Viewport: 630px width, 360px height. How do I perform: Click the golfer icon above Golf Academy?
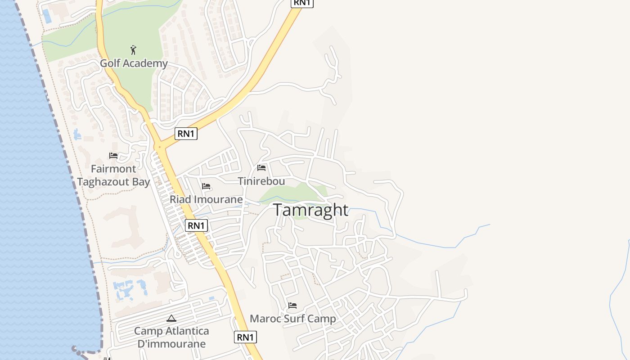(133, 49)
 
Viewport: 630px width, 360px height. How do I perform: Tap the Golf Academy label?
(134, 63)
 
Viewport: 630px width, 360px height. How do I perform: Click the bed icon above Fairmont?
(113, 156)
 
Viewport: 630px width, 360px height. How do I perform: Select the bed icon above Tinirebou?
(261, 168)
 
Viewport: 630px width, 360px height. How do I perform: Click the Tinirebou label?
(261, 181)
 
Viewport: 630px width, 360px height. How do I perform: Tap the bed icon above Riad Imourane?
(206, 186)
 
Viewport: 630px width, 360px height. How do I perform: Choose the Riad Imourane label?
(206, 199)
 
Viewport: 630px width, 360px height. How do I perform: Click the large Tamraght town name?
(310, 210)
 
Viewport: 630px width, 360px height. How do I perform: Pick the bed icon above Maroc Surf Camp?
(292, 306)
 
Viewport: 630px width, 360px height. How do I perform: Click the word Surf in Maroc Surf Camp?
(293, 319)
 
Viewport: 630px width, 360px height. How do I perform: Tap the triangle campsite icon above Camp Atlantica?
(171, 318)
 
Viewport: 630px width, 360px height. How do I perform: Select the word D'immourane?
(171, 344)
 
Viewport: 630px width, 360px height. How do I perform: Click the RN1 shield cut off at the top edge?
(302, 3)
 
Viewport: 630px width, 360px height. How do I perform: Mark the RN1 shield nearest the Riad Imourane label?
(196, 225)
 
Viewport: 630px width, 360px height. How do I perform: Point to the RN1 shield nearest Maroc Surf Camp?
(245, 337)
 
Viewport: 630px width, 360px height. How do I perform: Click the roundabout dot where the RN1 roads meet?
(159, 147)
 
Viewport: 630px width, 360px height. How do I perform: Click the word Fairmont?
(113, 169)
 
